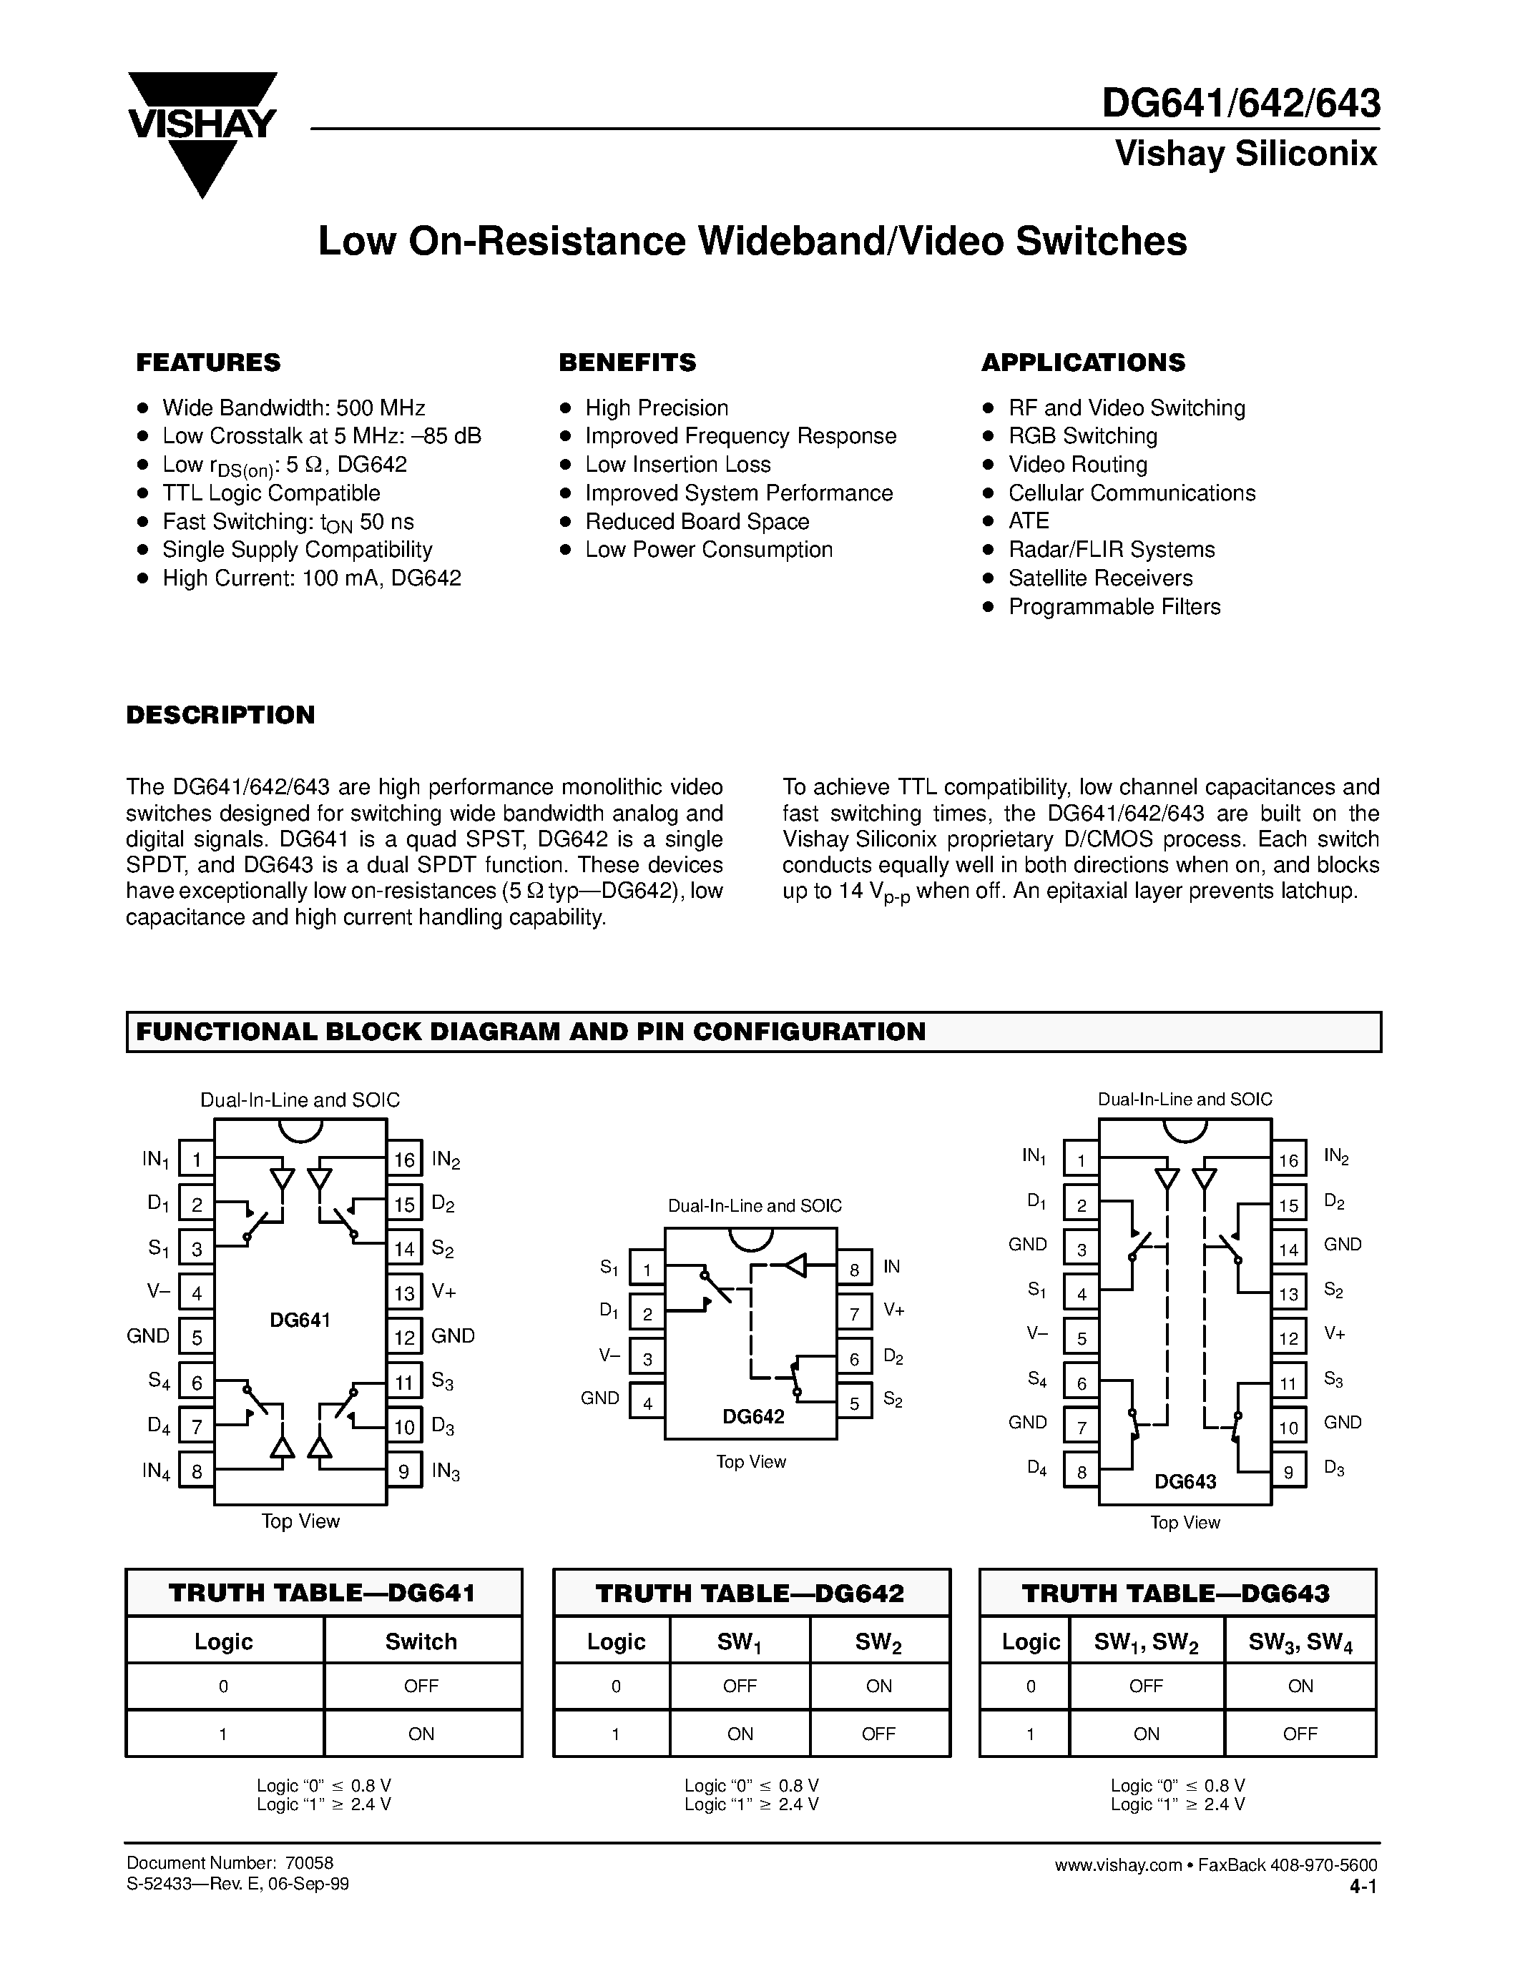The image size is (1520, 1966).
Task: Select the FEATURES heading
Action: [208, 362]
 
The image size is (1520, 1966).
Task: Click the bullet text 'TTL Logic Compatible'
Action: [271, 493]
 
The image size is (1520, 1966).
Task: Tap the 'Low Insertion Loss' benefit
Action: [677, 465]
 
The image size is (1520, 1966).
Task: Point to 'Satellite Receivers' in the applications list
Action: [1099, 578]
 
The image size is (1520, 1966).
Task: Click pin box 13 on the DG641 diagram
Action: [404, 1293]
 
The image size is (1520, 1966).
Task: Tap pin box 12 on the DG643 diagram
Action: [1288, 1338]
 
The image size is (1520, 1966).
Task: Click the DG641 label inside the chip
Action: [300, 1320]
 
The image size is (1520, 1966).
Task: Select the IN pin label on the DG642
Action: [891, 1267]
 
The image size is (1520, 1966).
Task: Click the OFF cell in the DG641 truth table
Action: [421, 1686]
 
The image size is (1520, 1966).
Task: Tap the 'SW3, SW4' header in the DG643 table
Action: [1300, 1642]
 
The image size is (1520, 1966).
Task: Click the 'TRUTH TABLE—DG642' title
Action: [751, 1594]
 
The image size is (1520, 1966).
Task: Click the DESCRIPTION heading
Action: [220, 715]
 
